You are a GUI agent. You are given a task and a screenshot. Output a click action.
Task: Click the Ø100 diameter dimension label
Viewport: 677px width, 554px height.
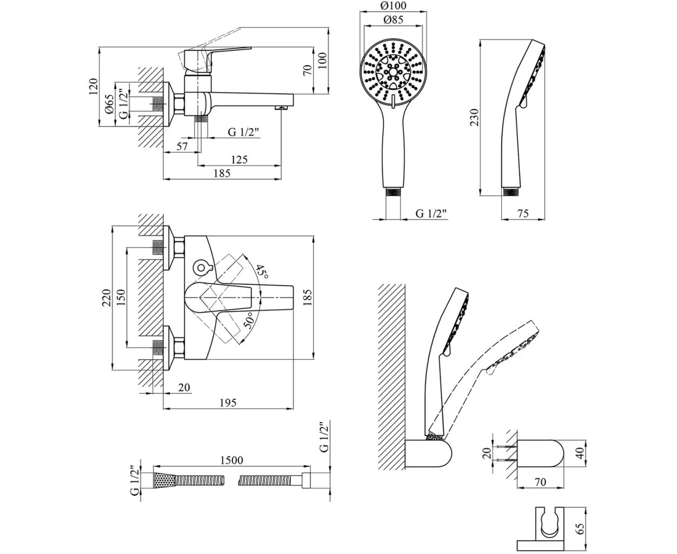coord(393,5)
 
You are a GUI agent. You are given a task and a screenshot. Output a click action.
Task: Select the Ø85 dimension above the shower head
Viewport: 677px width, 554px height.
coord(393,20)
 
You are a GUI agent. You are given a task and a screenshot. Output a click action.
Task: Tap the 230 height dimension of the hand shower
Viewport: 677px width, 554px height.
coord(475,117)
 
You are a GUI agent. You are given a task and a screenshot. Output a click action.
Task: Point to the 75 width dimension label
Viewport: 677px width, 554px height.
coord(523,213)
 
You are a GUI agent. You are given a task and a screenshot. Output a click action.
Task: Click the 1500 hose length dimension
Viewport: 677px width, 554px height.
coord(231,460)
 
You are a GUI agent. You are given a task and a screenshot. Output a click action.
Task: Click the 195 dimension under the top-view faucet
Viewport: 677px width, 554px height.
coord(228,403)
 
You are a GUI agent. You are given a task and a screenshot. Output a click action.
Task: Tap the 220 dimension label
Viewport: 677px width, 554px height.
coord(107,298)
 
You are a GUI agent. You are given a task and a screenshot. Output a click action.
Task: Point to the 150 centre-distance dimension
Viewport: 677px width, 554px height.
coord(121,298)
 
